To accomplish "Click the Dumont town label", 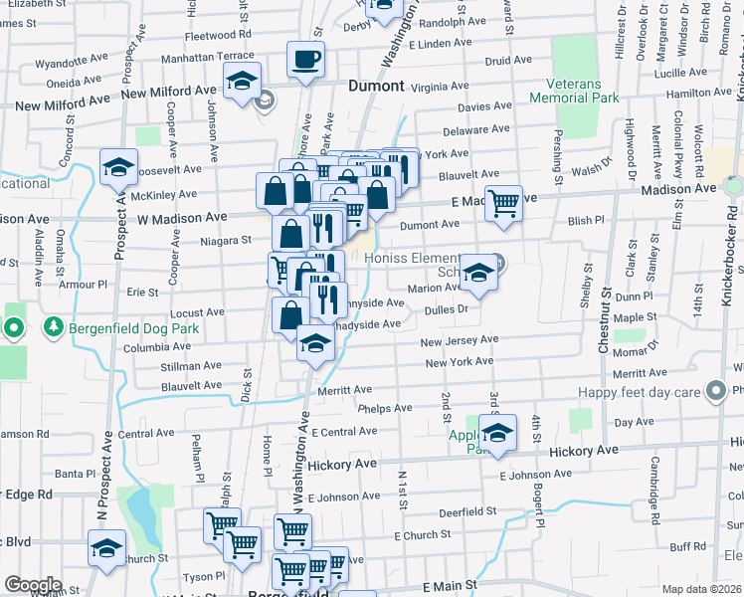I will tap(376, 87).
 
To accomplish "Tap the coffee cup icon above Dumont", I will tap(305, 59).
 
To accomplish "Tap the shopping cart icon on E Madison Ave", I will tap(503, 203).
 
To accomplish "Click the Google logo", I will tap(33, 585).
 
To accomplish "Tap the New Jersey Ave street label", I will tap(459, 341).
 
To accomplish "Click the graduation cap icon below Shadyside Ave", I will tap(315, 344).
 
